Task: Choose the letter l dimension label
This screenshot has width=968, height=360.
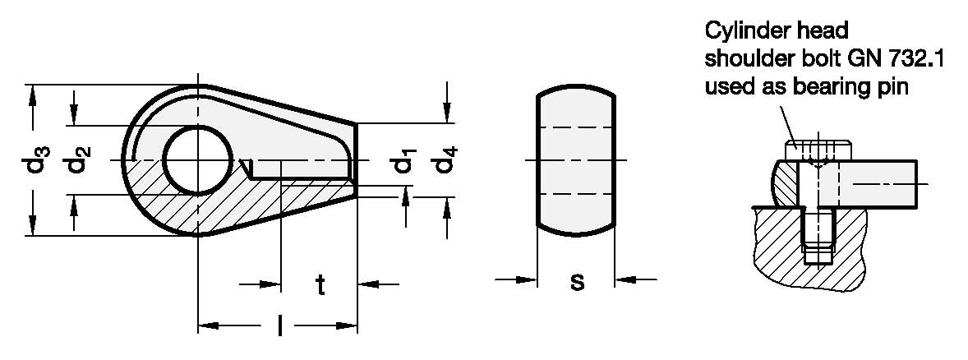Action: pyautogui.click(x=280, y=327)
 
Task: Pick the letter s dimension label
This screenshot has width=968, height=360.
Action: pyautogui.click(x=577, y=282)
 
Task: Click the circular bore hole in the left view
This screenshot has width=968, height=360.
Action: pyautogui.click(x=198, y=160)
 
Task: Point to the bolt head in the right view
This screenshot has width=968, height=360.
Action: pyautogui.click(x=817, y=151)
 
